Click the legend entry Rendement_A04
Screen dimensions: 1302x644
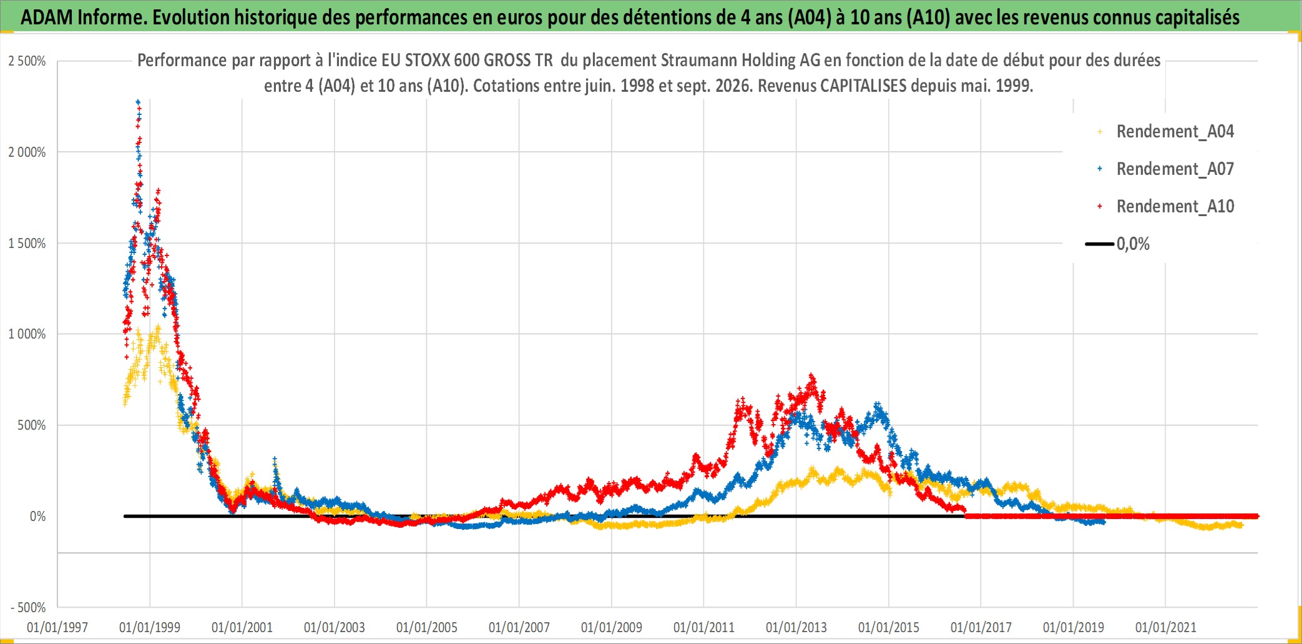[1166, 131]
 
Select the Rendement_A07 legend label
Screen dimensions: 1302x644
[1166, 169]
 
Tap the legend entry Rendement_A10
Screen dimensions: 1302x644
[1166, 206]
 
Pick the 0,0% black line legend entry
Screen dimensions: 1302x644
[1118, 244]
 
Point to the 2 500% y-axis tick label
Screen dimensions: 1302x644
[27, 61]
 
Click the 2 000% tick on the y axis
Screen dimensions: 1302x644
[27, 152]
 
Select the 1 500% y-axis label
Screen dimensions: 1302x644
[27, 244]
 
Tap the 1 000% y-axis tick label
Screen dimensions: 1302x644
[27, 334]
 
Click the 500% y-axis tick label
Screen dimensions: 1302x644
[31, 425]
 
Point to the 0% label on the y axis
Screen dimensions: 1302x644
[37, 517]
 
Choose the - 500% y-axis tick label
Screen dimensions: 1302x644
[28, 608]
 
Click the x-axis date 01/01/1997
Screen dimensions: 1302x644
[57, 627]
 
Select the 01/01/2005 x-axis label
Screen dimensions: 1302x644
[427, 627]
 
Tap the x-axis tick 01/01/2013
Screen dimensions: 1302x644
[796, 627]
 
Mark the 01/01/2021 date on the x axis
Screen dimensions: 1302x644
[1166, 627]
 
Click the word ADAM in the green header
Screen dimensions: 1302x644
[47, 17]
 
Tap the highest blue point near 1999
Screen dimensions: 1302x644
[138, 101]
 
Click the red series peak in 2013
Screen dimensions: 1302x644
[812, 376]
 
